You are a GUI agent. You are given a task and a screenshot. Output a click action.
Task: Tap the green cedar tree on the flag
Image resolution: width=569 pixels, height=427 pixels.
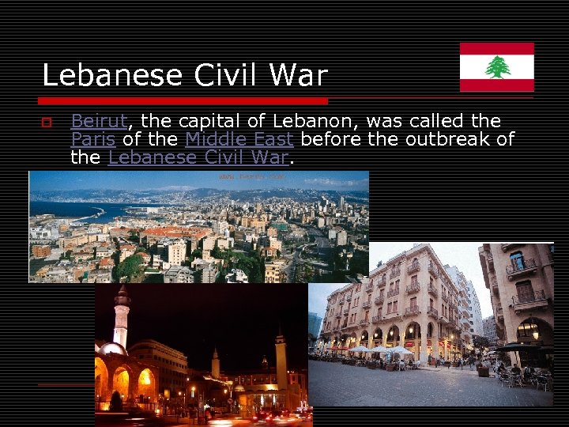pyautogui.click(x=497, y=67)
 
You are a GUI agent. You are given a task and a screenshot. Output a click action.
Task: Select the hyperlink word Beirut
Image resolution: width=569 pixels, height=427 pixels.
pyautogui.click(x=99, y=121)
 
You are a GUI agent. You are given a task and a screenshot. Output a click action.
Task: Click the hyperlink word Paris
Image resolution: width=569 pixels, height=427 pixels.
pyautogui.click(x=92, y=139)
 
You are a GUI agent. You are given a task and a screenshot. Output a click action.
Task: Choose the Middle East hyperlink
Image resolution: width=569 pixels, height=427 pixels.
pyautogui.click(x=239, y=139)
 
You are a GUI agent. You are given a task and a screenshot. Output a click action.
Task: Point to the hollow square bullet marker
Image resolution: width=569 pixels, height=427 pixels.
pyautogui.click(x=47, y=122)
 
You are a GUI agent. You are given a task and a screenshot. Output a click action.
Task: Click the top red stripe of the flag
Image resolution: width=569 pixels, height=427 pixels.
pyautogui.click(x=497, y=48)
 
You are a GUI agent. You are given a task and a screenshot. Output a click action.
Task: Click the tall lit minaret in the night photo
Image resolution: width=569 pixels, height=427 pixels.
pyautogui.click(x=121, y=316)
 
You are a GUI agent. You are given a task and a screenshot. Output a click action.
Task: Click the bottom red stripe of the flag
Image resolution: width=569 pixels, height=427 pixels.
pyautogui.click(x=497, y=85)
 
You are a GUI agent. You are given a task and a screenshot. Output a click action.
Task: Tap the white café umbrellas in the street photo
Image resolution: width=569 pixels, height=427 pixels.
pyautogui.click(x=380, y=349)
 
